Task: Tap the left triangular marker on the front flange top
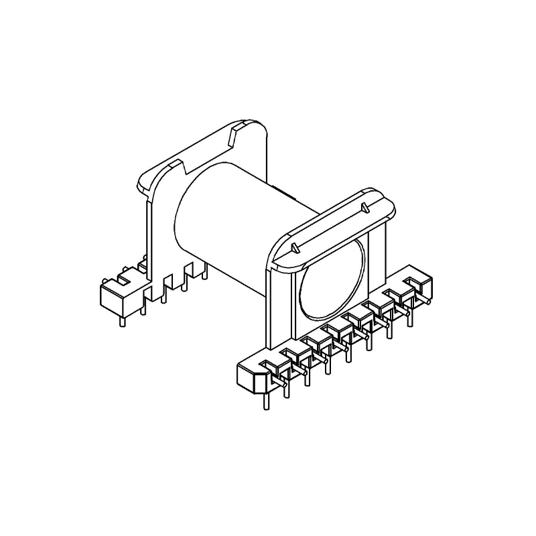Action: click(x=295, y=249)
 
